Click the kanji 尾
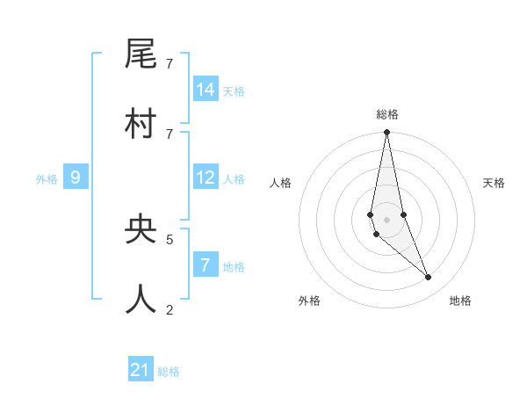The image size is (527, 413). coord(141,54)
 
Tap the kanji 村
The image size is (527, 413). coord(141,124)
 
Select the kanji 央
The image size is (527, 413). coord(141,228)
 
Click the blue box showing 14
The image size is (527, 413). coord(206,90)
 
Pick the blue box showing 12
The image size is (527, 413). coord(206,178)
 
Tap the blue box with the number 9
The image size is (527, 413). coord(76,178)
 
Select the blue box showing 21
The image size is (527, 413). coord(141,370)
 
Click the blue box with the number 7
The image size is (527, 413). coord(206,264)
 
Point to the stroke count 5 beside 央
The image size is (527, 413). coord(170,238)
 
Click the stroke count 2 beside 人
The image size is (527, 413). coord(170,308)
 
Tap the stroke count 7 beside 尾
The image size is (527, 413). coord(170,63)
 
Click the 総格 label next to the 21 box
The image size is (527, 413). coord(169,372)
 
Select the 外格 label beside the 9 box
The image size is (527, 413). coord(47,179)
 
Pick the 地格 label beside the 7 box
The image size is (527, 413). coord(234,266)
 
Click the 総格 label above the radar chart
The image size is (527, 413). coord(387,114)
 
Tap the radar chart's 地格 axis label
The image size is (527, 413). coord(460,301)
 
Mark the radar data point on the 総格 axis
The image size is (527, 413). coord(386,133)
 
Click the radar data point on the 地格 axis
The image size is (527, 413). coord(429,278)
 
